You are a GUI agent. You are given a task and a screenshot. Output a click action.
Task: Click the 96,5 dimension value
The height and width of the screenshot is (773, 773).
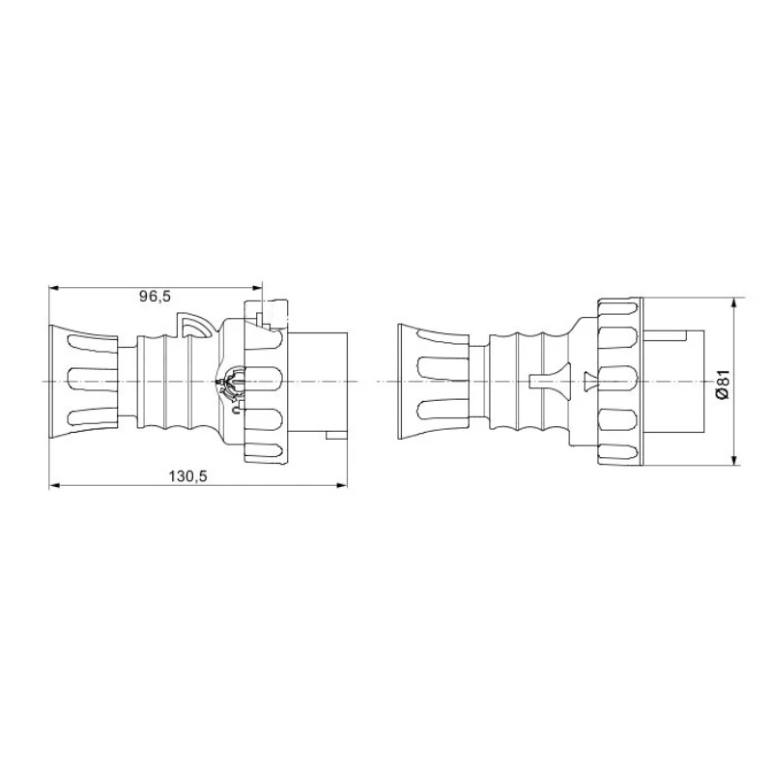[155, 297]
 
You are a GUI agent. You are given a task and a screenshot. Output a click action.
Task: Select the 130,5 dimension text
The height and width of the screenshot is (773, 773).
[188, 475]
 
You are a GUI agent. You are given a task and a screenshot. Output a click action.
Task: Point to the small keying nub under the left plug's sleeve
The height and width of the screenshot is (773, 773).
[336, 437]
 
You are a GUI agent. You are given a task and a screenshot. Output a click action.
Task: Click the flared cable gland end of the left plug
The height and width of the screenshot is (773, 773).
[82, 383]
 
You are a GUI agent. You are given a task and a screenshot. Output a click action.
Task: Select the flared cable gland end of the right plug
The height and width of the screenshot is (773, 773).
[433, 383]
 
